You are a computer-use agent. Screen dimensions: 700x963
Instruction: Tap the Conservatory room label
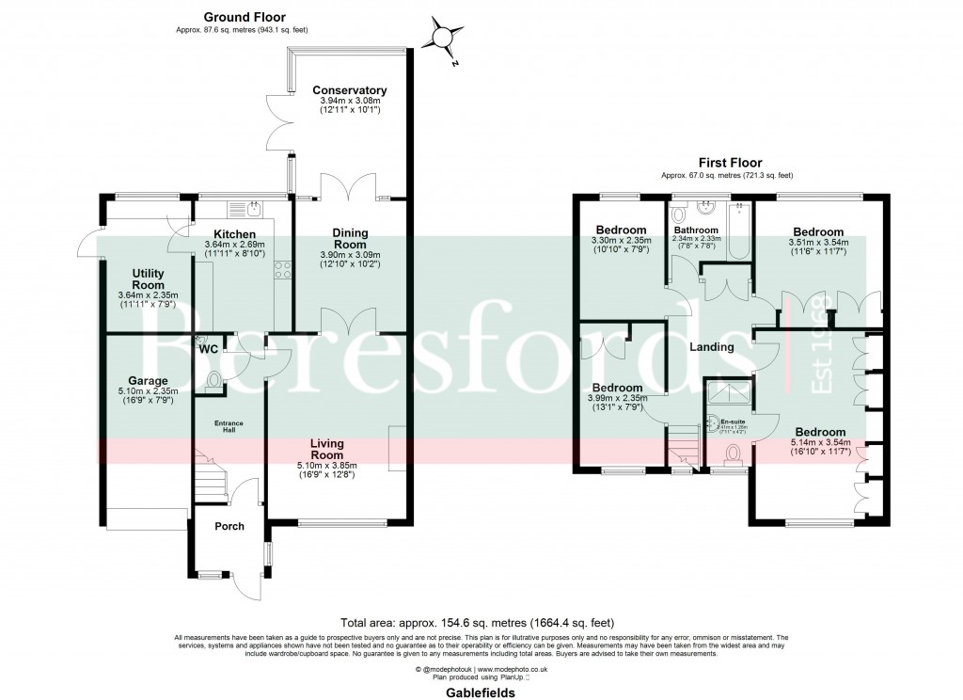[350, 90]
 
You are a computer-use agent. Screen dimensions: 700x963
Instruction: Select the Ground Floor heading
[245, 17]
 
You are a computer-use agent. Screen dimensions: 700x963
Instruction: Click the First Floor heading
[730, 163]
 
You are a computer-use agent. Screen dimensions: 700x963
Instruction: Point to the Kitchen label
[234, 233]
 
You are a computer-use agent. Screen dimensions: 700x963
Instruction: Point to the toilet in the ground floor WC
[215, 382]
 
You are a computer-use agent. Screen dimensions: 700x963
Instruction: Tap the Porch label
[229, 526]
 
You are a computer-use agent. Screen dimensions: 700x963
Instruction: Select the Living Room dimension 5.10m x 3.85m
[328, 465]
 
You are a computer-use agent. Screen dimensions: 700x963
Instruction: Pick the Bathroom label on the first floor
[696, 231]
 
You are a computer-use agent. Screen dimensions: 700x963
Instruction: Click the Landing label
[712, 347]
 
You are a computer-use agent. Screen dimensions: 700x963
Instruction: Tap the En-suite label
[732, 422]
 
